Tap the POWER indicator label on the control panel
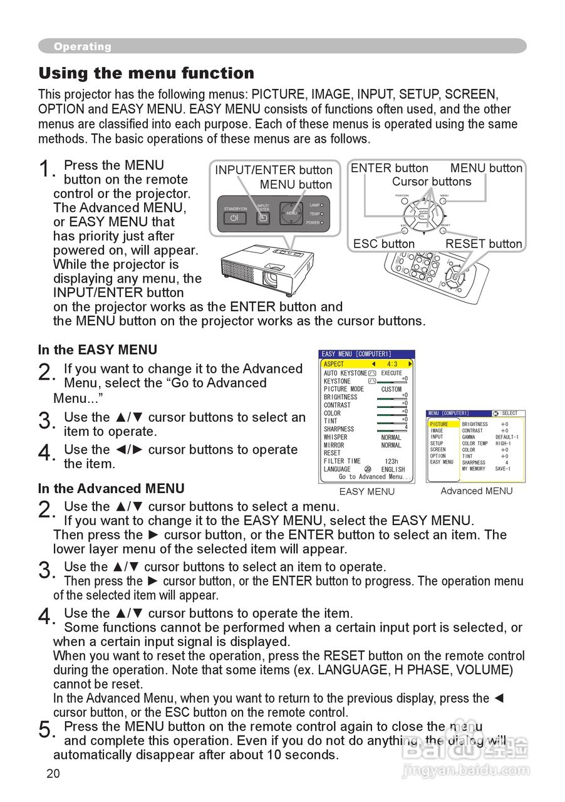pyautogui.click(x=313, y=222)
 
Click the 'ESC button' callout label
pyautogui.click(x=383, y=244)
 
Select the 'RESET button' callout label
pyautogui.click(x=484, y=244)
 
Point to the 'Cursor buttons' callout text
pyautogui.click(x=432, y=182)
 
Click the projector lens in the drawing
pyautogui.click(x=271, y=276)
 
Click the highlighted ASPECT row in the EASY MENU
pyautogui.click(x=367, y=364)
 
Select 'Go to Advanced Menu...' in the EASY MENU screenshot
pyautogui.click(x=375, y=477)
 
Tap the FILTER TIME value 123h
pyautogui.click(x=391, y=461)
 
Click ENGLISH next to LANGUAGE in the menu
pyautogui.click(x=393, y=469)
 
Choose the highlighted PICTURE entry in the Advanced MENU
pyautogui.click(x=439, y=424)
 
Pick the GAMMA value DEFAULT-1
pyautogui.click(x=507, y=437)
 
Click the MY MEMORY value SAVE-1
pyautogui.click(x=502, y=468)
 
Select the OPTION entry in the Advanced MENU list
pyautogui.click(x=438, y=456)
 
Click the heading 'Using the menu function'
pyautogui.click(x=147, y=73)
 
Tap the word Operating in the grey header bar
pyautogui.click(x=82, y=46)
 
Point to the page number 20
pyautogui.click(x=53, y=773)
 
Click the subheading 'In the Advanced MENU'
pyautogui.click(x=111, y=489)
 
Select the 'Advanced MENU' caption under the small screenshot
pyautogui.click(x=476, y=491)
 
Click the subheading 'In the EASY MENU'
pyautogui.click(x=98, y=350)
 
